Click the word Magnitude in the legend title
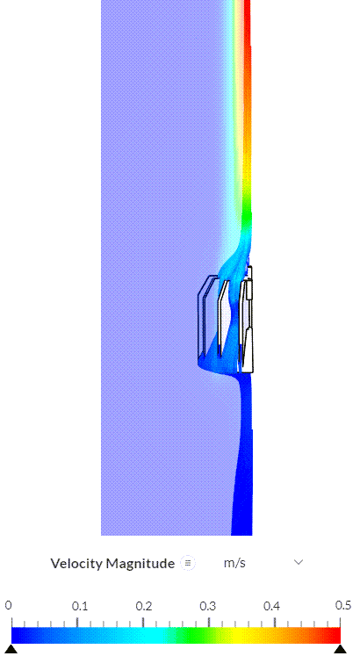click(x=140, y=564)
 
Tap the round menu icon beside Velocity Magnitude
click(x=188, y=563)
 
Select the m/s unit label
click(x=234, y=563)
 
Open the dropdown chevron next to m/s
click(x=299, y=562)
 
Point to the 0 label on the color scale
click(x=9, y=606)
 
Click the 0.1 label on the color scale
click(x=79, y=606)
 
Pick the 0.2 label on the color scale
click(x=144, y=606)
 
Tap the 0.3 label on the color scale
click(x=207, y=606)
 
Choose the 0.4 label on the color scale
click(x=271, y=606)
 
